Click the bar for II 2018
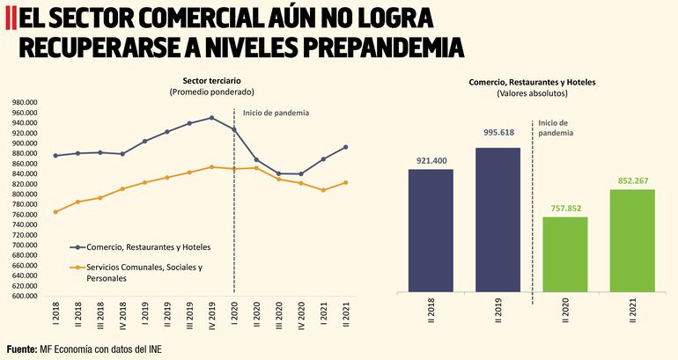[431, 230]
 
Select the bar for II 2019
[497, 219]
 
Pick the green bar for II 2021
[631, 239]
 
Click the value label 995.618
[497, 133]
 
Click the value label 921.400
[431, 161]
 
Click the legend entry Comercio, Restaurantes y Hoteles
[147, 248]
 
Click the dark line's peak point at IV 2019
[211, 118]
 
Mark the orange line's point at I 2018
[55, 212]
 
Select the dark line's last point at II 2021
[345, 147]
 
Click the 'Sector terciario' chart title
[211, 80]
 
